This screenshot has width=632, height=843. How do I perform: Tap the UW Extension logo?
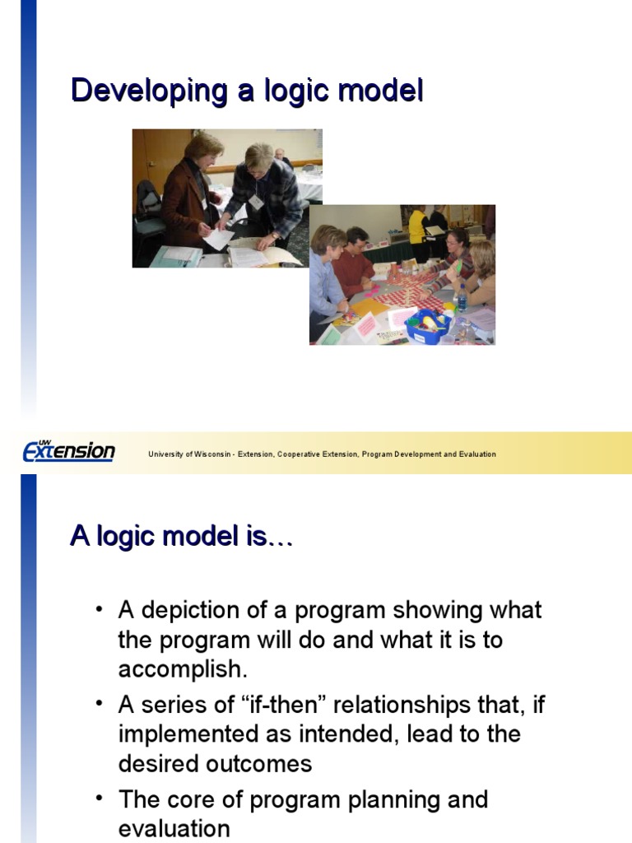tap(68, 451)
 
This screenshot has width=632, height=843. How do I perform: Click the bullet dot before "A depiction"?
tap(100, 610)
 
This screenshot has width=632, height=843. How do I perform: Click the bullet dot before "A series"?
tap(100, 706)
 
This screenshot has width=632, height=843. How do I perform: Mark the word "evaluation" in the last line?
tap(174, 828)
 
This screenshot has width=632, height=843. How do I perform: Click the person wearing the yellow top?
tap(418, 226)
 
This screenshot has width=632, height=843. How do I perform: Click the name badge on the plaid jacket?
tap(256, 203)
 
